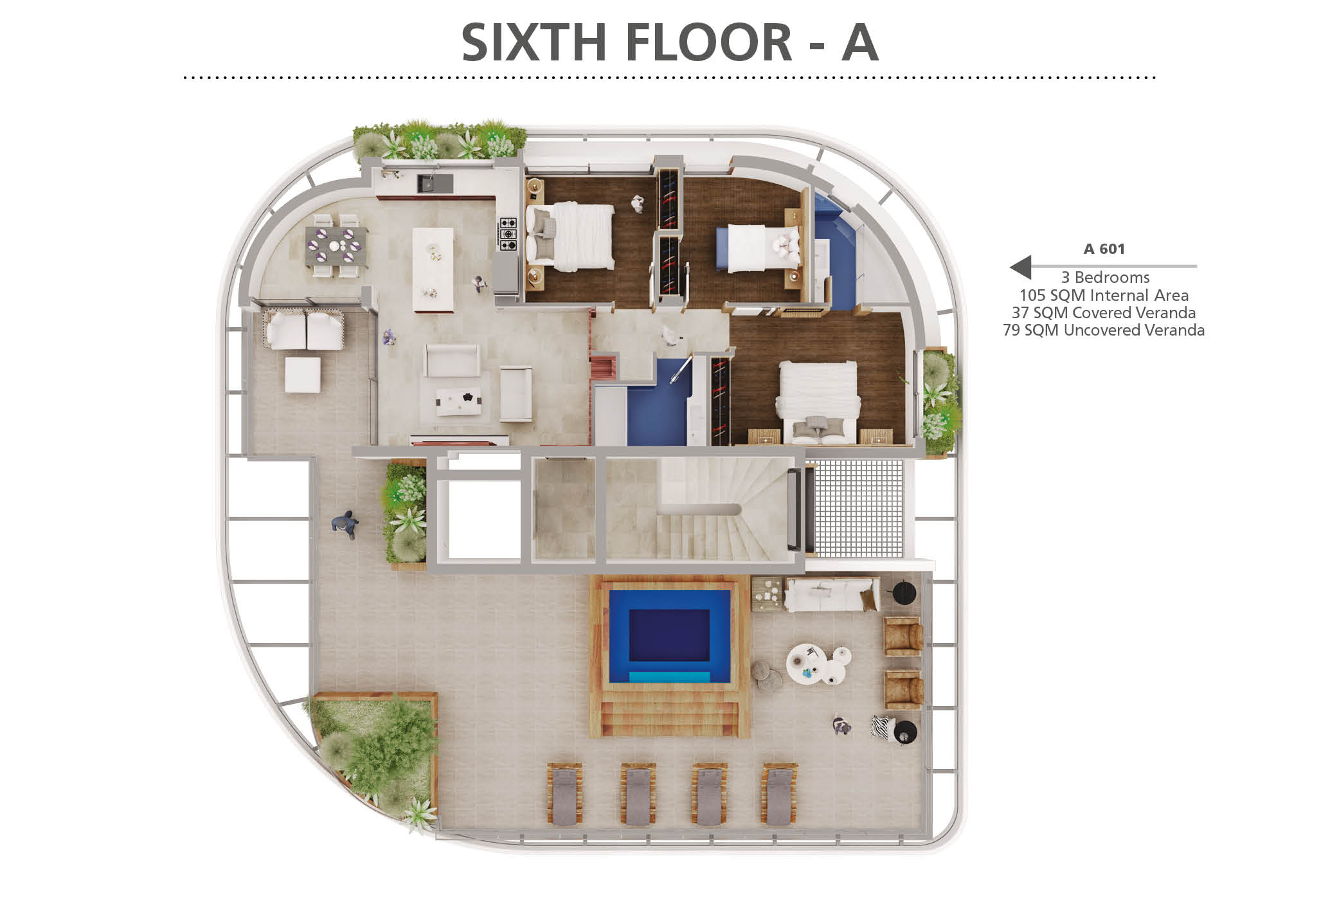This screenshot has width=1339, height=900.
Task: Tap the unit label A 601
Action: (1104, 249)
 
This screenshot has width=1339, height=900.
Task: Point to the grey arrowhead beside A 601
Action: (1021, 266)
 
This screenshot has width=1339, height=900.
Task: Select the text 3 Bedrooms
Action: (1105, 277)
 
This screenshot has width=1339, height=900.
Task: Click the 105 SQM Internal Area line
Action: (1104, 295)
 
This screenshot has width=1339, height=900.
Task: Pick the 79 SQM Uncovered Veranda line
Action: (1104, 330)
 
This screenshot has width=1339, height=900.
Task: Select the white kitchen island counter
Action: (433, 269)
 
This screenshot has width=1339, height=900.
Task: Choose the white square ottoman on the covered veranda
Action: (302, 375)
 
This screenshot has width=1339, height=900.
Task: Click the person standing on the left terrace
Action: (346, 525)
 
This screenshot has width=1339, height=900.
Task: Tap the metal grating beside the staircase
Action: (858, 509)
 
